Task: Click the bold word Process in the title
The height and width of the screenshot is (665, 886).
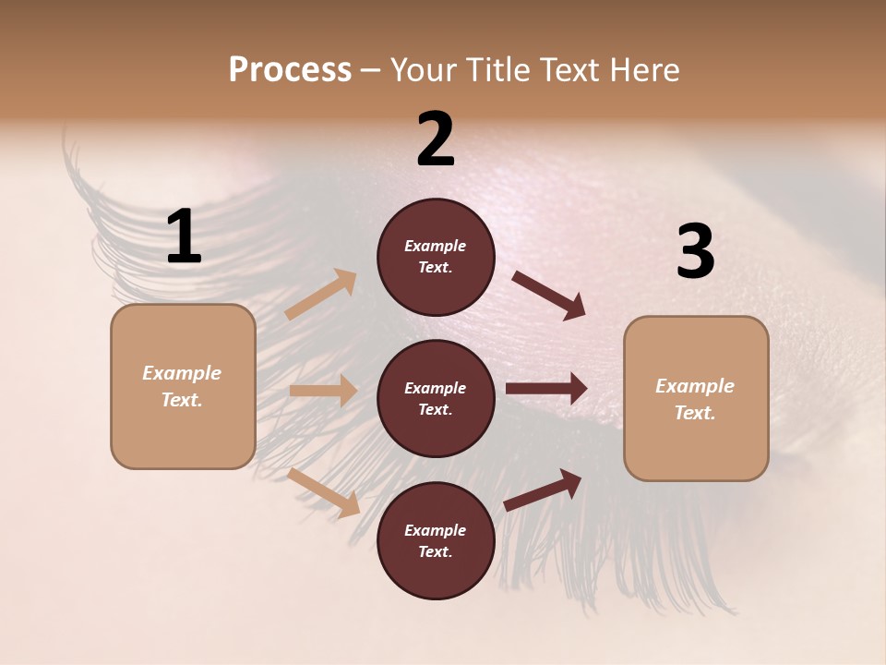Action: pos(290,69)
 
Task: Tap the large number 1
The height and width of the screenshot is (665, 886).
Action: pos(184,236)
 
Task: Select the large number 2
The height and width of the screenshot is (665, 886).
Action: pos(436,139)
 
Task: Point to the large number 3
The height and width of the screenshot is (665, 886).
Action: pos(695,251)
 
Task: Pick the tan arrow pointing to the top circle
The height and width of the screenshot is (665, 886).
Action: pos(321,294)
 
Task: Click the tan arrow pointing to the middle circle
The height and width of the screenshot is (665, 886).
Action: pos(323,391)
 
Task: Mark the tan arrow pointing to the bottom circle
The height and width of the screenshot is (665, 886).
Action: pos(324,492)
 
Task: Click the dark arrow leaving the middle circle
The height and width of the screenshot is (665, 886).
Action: pos(546,389)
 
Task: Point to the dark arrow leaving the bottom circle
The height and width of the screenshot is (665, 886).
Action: pos(543,490)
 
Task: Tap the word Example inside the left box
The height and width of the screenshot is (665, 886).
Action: pos(182,373)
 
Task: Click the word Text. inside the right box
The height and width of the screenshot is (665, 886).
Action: pos(695,413)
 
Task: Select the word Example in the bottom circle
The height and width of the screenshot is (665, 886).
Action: pos(435,530)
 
